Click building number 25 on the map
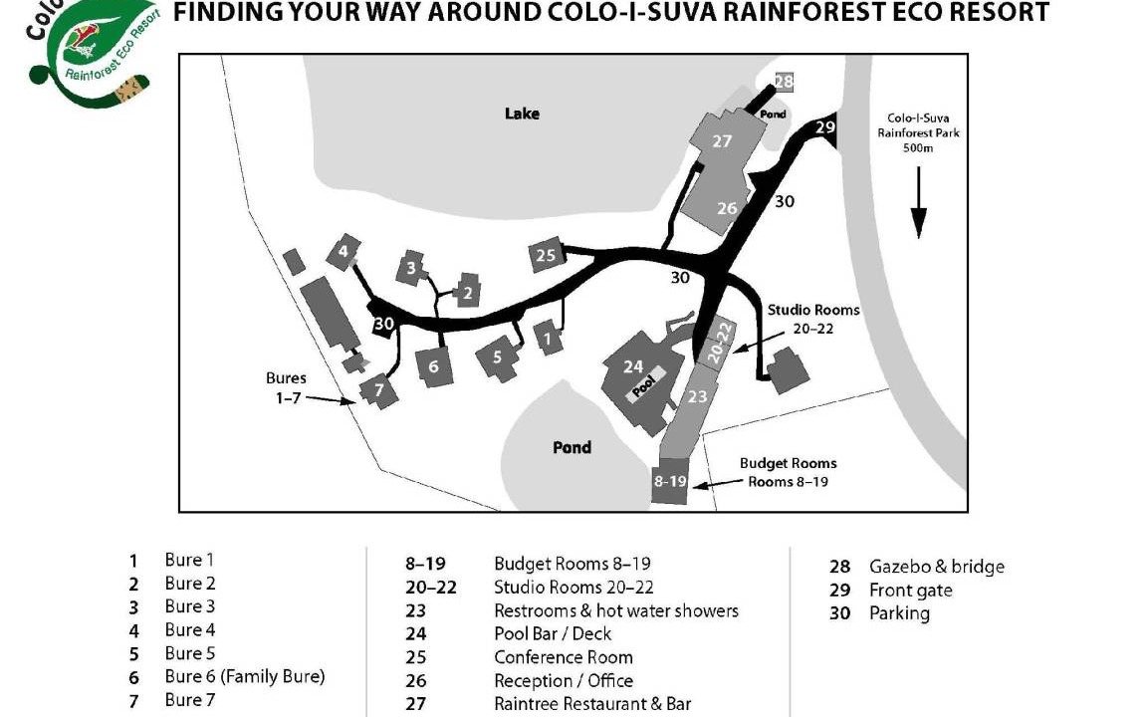pyautogui.click(x=546, y=255)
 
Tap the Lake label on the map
pyautogui.click(x=522, y=114)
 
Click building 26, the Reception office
pyautogui.click(x=727, y=208)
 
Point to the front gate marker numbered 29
pyautogui.click(x=824, y=127)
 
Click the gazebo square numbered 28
pyautogui.click(x=784, y=82)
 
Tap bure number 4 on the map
pyautogui.click(x=344, y=251)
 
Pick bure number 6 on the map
pyautogui.click(x=434, y=366)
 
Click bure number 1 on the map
pyautogui.click(x=547, y=339)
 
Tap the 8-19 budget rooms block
pyautogui.click(x=670, y=481)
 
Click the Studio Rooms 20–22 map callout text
pyautogui.click(x=811, y=319)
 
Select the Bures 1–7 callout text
pyautogui.click(x=286, y=387)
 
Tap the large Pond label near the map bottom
pyautogui.click(x=572, y=447)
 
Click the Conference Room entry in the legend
pyautogui.click(x=563, y=657)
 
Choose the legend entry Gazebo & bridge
pyautogui.click(x=936, y=567)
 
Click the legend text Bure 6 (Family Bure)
pyautogui.click(x=244, y=677)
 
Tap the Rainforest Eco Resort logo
pyautogui.click(x=95, y=50)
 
